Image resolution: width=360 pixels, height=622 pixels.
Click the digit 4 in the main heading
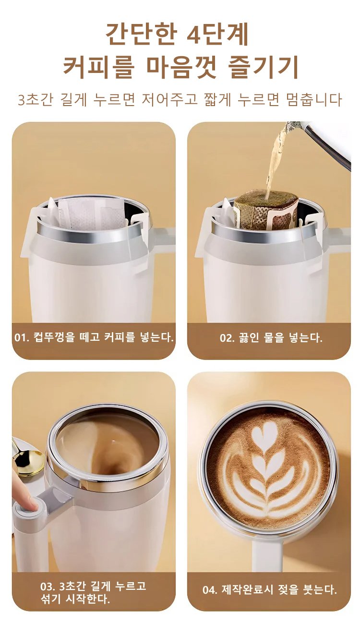click(x=192, y=35)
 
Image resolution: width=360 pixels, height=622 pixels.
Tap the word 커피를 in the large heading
click(x=98, y=68)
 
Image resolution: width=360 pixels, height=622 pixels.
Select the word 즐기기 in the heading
click(x=262, y=68)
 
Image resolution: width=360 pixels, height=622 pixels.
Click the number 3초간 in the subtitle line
click(x=35, y=100)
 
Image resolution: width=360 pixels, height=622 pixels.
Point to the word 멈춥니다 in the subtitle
click(x=313, y=100)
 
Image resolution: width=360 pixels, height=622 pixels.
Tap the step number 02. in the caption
click(x=227, y=338)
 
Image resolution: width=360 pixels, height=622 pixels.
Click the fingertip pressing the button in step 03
click(x=31, y=506)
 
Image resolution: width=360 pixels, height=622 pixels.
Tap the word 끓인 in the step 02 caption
click(x=248, y=338)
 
